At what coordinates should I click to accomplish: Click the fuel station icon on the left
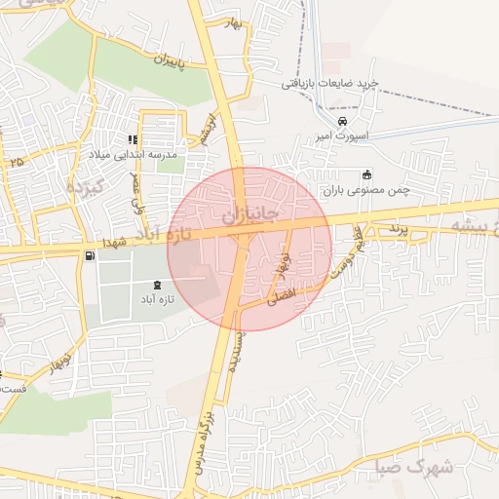point(90,256)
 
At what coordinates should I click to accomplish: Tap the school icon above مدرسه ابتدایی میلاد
point(133,140)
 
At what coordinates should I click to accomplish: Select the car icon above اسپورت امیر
point(341,121)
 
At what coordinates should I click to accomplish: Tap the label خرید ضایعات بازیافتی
point(328,84)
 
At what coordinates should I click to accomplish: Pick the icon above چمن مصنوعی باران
point(366,175)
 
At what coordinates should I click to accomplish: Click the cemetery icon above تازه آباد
point(158,284)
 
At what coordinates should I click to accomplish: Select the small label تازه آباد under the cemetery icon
point(157,299)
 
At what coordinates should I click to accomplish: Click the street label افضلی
point(282,296)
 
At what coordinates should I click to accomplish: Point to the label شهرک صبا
point(414,467)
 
